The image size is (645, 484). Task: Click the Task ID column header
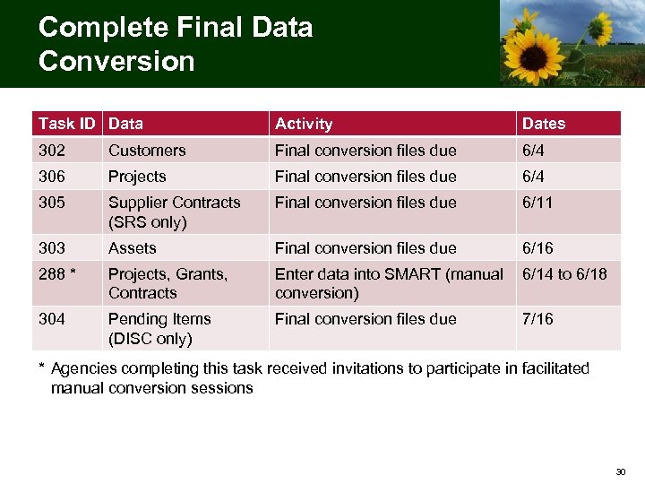pyautogui.click(x=68, y=124)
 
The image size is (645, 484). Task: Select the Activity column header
pyautogui.click(x=304, y=124)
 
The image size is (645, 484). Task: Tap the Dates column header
pyautogui.click(x=544, y=124)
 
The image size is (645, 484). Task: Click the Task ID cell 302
pyautogui.click(x=52, y=151)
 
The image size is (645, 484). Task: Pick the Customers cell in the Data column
pyautogui.click(x=147, y=151)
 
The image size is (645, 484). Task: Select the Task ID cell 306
pyautogui.click(x=52, y=177)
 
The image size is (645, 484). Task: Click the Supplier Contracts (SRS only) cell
pyautogui.click(x=174, y=212)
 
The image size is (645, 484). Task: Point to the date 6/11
pyautogui.click(x=538, y=203)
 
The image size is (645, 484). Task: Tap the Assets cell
pyautogui.click(x=133, y=248)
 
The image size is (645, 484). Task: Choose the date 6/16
pyautogui.click(x=538, y=248)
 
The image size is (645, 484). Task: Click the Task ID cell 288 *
pyautogui.click(x=57, y=274)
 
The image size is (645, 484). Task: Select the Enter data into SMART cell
pyautogui.click(x=389, y=283)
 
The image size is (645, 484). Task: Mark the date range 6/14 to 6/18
pyautogui.click(x=565, y=274)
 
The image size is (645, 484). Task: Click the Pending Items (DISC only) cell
pyautogui.click(x=159, y=328)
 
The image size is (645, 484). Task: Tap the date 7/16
pyautogui.click(x=538, y=319)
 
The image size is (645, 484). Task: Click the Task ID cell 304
pyautogui.click(x=52, y=319)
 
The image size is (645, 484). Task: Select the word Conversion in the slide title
pyautogui.click(x=116, y=61)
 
